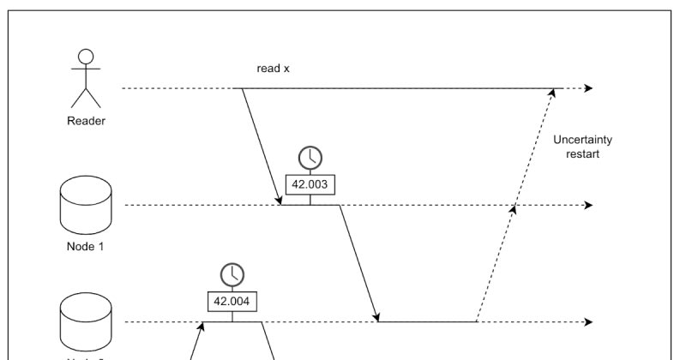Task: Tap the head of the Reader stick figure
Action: [85, 55]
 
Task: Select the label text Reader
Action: [86, 121]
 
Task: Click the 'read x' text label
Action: [275, 68]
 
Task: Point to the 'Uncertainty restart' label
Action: [582, 147]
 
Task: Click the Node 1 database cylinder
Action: [85, 205]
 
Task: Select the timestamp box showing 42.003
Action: [310, 183]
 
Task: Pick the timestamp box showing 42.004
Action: [232, 300]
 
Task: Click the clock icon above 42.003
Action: [310, 157]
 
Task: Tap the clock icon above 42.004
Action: [232, 274]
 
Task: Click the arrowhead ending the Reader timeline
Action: [588, 88]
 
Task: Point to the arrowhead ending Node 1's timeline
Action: [588, 205]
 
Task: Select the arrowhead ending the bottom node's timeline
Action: [588, 322]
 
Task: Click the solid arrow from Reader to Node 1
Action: [261, 146]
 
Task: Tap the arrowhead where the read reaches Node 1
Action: [280, 201]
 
